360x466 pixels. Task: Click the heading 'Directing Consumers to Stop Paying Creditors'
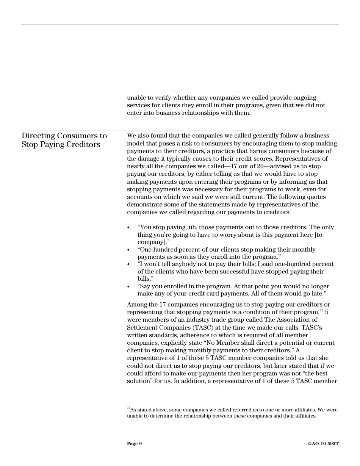[64, 140]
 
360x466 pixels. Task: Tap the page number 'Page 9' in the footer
[134, 444]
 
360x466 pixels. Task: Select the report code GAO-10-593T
[323, 444]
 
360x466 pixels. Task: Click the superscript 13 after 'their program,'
[322, 311]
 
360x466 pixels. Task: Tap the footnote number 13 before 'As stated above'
[128, 408]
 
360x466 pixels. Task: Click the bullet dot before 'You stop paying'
[128, 228]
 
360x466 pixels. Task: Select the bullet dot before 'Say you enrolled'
[128, 287]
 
